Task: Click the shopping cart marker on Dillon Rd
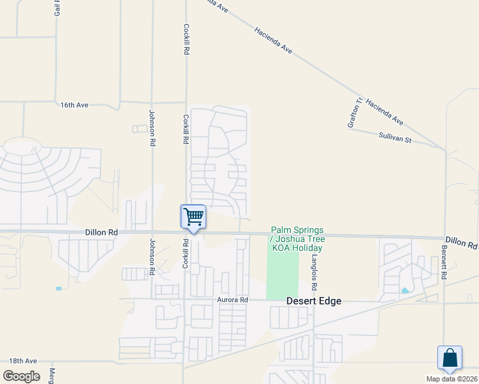pos(193,217)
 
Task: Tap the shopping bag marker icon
pos(450,357)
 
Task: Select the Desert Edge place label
pos(314,301)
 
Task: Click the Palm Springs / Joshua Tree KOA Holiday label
pos(297,239)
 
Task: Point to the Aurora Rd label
pos(231,300)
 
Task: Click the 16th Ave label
pos(74,104)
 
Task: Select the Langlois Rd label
pos(314,264)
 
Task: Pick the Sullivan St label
pos(394,138)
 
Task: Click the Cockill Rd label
pos(186,39)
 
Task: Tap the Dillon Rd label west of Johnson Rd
pos(101,233)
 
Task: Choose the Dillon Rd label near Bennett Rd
pos(462,242)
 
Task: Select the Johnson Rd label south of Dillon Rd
pos(152,257)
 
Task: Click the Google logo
pos(21,376)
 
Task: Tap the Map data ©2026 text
pos(451,379)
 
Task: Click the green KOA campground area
pos(282,275)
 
